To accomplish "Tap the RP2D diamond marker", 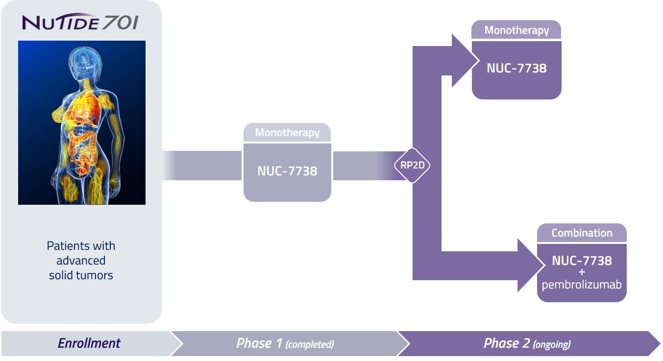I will coord(412,166).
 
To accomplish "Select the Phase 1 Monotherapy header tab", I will coord(287,133).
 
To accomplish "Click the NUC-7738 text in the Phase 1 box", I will coord(287,171).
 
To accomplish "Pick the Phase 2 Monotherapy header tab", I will coord(516,30).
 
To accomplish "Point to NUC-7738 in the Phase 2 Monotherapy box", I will coord(516,68).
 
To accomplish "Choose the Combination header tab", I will coord(582,233).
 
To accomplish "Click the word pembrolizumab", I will coord(582,284).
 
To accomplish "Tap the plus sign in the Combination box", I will coord(582,272).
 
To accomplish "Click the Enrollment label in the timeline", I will coord(89,343).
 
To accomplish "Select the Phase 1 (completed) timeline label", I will coord(285,343).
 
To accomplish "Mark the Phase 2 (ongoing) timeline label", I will coord(527,343).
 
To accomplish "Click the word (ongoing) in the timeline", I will coord(552,344).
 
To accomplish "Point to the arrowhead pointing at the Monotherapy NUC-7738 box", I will coord(464,61).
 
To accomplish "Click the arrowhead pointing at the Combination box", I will coord(530,265).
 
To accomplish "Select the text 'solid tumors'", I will coord(81,275).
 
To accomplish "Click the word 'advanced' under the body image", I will coord(81,261).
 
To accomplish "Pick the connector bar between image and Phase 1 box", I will coord(202,166).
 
